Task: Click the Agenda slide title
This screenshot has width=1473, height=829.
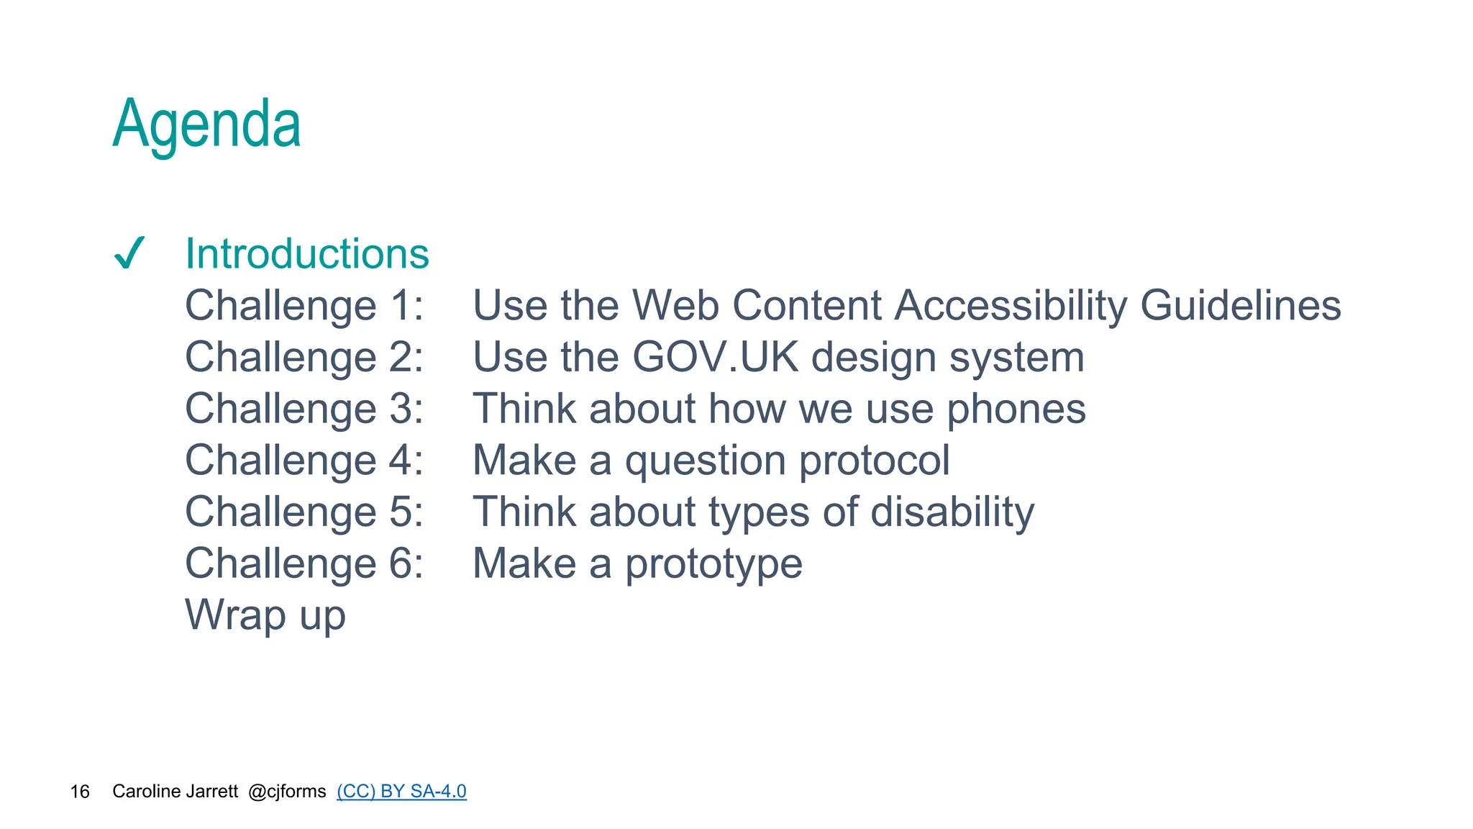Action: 206,124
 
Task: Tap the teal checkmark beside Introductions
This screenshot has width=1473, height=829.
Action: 130,253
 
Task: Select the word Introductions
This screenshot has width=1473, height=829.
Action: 307,254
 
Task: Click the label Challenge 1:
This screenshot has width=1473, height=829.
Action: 304,306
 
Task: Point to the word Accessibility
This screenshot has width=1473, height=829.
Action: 1011,306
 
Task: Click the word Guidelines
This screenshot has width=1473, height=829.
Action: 1240,306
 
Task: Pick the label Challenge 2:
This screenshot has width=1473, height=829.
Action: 304,358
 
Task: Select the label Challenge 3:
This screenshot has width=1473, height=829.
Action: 304,409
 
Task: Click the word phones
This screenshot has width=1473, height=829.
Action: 1016,409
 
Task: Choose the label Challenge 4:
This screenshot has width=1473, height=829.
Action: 304,461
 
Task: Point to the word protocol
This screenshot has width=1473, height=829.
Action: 874,461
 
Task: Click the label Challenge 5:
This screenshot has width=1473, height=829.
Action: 304,512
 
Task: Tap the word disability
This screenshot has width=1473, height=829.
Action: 952,512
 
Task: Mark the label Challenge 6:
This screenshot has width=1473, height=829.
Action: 304,563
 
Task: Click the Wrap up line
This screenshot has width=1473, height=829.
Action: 265,615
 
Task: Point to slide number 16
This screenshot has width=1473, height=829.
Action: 80,792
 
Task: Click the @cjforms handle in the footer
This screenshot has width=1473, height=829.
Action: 287,792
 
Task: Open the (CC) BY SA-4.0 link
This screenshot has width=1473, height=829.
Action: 401,792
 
